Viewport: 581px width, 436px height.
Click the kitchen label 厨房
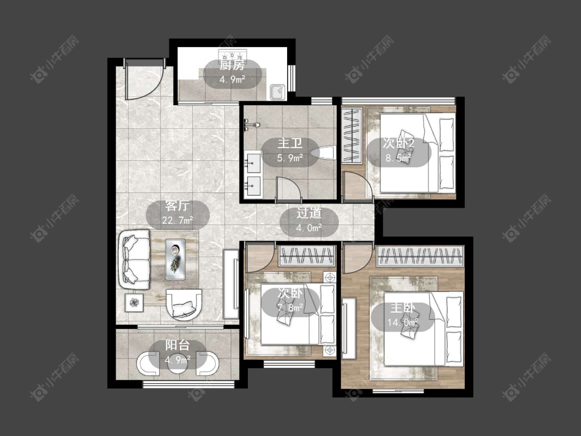[232, 66]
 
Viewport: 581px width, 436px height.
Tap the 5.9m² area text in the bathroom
[290, 158]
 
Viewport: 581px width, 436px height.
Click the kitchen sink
[277, 91]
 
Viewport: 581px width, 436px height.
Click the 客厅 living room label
[178, 206]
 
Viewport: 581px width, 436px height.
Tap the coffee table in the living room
[175, 259]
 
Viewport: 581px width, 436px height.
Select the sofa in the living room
[134, 259]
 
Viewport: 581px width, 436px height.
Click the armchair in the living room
[184, 304]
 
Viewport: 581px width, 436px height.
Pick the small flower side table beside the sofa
[133, 303]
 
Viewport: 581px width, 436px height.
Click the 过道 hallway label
[309, 213]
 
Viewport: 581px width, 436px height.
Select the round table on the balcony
[178, 362]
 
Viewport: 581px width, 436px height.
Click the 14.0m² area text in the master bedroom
[403, 322]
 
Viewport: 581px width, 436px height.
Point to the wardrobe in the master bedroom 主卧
[420, 256]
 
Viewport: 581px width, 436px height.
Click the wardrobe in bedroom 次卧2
[352, 135]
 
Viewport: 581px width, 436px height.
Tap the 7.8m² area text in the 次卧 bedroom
[290, 307]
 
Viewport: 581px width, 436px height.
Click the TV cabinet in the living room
[231, 284]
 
